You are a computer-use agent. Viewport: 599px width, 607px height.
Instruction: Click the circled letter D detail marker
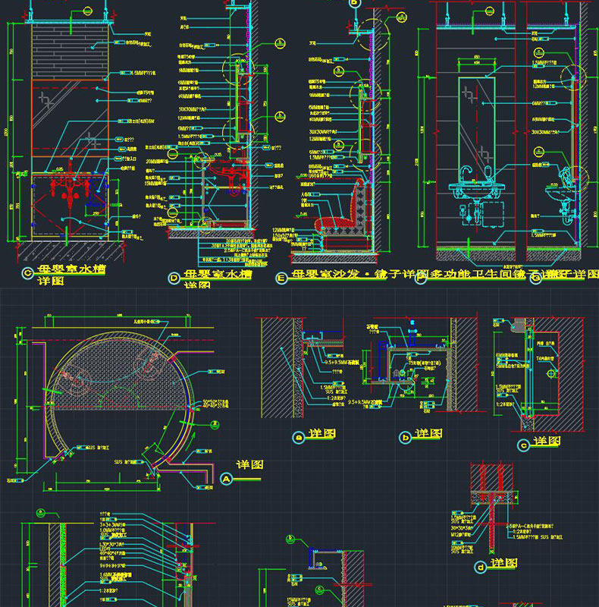(175, 278)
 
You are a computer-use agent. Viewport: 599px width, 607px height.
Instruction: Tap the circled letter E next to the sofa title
(282, 278)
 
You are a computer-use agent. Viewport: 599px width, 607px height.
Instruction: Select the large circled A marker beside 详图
(226, 479)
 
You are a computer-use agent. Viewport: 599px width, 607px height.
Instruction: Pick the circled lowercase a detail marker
(298, 436)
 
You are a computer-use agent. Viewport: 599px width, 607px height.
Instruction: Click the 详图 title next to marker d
(503, 563)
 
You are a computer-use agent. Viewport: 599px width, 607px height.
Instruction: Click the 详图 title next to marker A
(249, 464)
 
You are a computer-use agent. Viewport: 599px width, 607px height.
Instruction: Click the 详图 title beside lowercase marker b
(429, 433)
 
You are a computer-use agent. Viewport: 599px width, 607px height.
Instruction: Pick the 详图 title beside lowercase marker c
(546, 442)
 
